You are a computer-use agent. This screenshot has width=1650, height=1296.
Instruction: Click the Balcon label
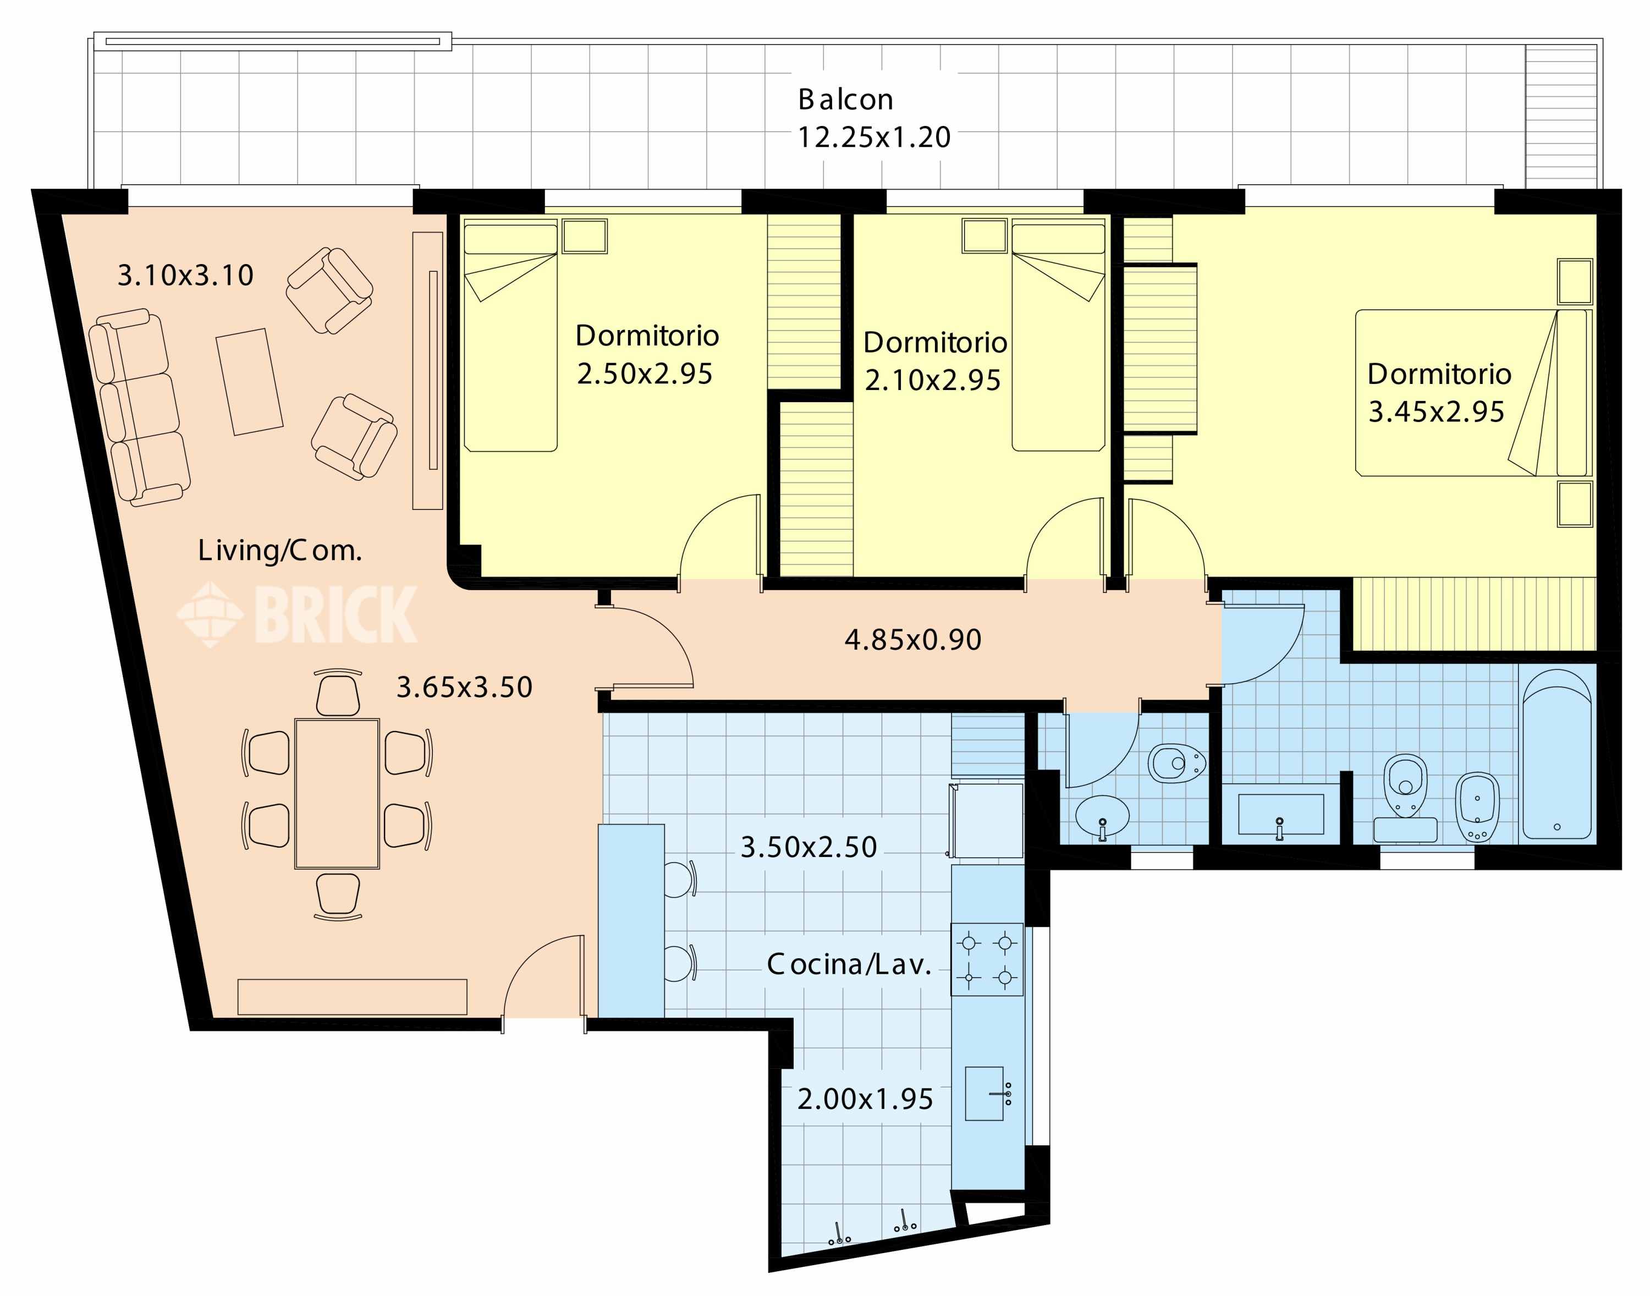click(845, 100)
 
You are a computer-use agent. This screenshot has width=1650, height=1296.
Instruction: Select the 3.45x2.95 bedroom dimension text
click(1436, 411)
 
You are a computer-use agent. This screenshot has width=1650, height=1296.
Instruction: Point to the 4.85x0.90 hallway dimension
click(912, 640)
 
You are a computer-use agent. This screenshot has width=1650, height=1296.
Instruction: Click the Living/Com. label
click(280, 550)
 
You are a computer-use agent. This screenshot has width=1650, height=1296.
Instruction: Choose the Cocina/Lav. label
click(849, 964)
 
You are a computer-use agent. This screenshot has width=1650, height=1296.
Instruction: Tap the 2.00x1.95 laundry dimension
click(865, 1099)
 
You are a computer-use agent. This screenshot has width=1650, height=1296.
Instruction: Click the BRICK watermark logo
click(296, 614)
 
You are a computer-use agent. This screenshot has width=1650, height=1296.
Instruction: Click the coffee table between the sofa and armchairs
click(250, 382)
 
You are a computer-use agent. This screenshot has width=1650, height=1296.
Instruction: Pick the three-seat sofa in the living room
click(139, 408)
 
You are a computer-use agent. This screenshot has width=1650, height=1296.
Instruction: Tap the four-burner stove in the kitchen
click(986, 959)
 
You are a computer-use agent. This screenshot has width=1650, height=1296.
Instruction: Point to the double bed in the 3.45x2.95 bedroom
click(1473, 393)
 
